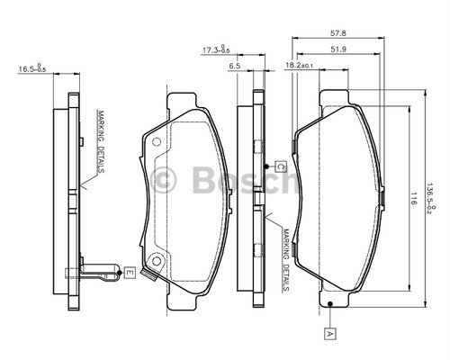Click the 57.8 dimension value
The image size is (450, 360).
coord(338,32)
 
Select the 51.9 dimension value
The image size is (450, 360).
coord(338,49)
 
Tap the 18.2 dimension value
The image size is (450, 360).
coord(299,66)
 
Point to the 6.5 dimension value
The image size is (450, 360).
coord(234,66)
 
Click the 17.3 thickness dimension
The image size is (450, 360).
coord(216,49)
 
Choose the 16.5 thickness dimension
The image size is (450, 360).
coord(32,68)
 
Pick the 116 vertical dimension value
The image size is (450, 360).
coord(414,199)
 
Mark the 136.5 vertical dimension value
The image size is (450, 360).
coord(431,198)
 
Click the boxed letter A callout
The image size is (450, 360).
coord(330,334)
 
